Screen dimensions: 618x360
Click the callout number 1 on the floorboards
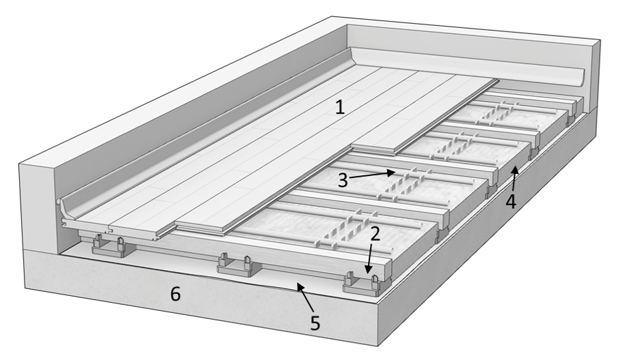click(340, 107)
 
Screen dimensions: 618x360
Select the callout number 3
click(343, 180)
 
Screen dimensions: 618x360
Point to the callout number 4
click(510, 201)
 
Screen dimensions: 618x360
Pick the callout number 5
click(315, 323)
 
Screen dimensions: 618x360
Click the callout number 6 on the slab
click(175, 294)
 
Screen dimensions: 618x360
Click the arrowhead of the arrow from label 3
click(391, 172)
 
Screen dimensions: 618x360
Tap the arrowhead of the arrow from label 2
click(368, 270)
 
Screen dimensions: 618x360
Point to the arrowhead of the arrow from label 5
click(300, 286)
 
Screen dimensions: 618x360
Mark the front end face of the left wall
click(37, 207)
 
